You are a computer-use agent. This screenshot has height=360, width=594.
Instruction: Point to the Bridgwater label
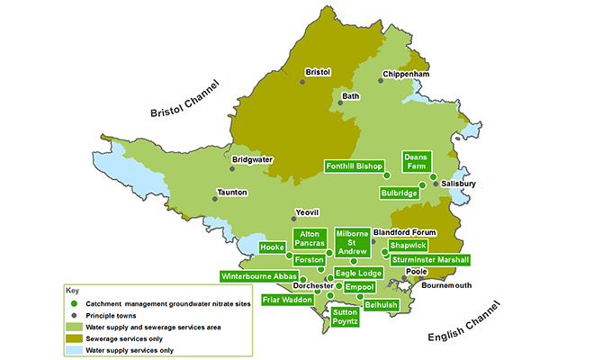[x=253, y=160]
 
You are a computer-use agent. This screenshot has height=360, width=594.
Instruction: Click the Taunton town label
[x=229, y=193]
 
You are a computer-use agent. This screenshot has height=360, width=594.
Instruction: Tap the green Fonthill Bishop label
[x=355, y=166]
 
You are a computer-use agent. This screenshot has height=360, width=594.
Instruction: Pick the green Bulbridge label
[x=400, y=193]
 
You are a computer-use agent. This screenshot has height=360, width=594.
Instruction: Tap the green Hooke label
[x=272, y=247]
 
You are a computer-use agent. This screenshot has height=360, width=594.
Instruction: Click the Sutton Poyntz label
[x=346, y=316]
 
